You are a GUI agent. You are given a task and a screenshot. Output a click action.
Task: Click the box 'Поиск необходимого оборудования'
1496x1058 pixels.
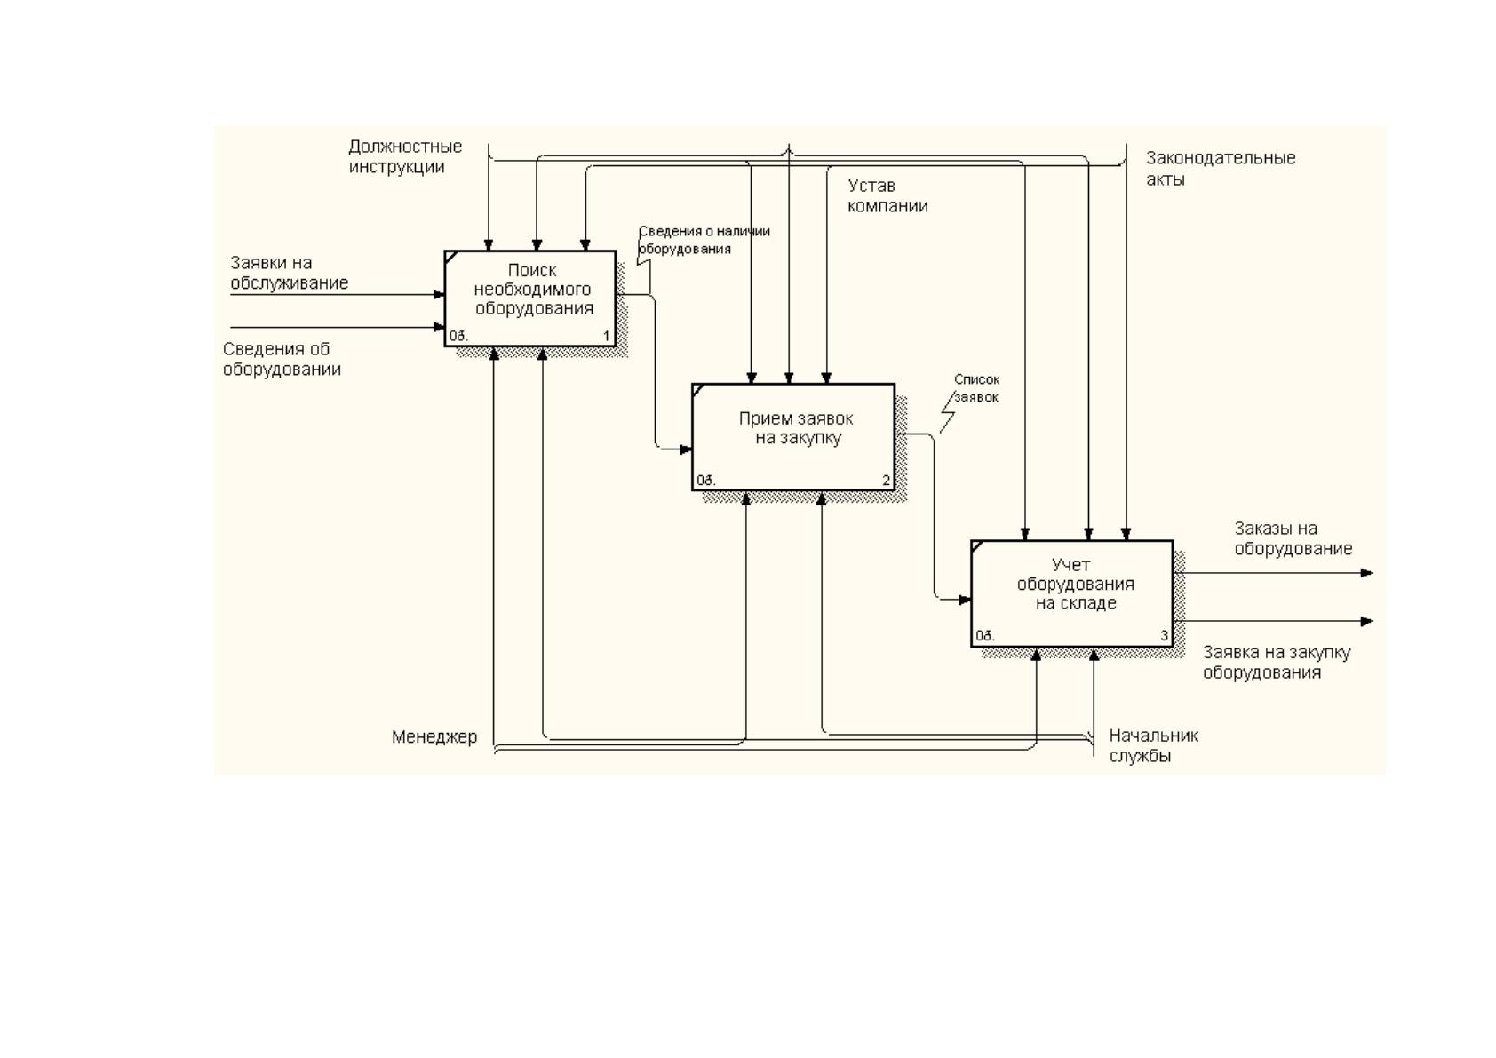coord(530,298)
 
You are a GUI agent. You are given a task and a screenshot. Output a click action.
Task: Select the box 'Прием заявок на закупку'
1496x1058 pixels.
coord(793,437)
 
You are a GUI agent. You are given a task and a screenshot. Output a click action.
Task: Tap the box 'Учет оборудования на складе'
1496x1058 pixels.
coord(1072,593)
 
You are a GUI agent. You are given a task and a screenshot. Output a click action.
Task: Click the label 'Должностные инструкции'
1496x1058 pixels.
coord(405,156)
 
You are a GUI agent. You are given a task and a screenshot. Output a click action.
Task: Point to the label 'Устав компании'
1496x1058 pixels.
coord(887,195)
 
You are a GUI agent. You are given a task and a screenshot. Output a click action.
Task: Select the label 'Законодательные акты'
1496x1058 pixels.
coord(1221,168)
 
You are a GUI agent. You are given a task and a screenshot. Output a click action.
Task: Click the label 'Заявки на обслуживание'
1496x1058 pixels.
coord(290,273)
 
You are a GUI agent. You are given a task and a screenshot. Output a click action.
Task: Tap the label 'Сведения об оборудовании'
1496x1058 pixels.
coord(282,359)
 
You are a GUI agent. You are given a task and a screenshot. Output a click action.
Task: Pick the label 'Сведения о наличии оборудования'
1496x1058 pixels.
coord(704,240)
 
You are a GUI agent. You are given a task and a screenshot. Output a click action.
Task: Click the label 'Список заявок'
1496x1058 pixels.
coord(976,388)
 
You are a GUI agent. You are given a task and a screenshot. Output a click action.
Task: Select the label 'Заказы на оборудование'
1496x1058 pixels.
coord(1293,538)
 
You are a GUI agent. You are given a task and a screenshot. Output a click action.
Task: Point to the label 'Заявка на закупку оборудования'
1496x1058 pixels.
coord(1277,662)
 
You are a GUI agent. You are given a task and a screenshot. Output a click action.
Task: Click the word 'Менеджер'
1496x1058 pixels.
coord(434,736)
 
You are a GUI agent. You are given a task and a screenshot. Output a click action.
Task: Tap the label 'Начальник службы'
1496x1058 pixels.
coord(1153,745)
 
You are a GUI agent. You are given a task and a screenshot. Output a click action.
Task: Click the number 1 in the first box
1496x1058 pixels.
coord(607,336)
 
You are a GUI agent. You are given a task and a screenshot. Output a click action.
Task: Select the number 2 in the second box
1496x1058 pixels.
coord(887,481)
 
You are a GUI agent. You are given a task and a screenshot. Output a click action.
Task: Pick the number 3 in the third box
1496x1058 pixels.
coord(1165,636)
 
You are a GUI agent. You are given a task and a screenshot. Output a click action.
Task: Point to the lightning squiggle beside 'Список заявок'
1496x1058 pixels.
coord(948,411)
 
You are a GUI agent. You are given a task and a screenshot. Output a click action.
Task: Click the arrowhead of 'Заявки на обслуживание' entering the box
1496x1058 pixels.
coord(439,295)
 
